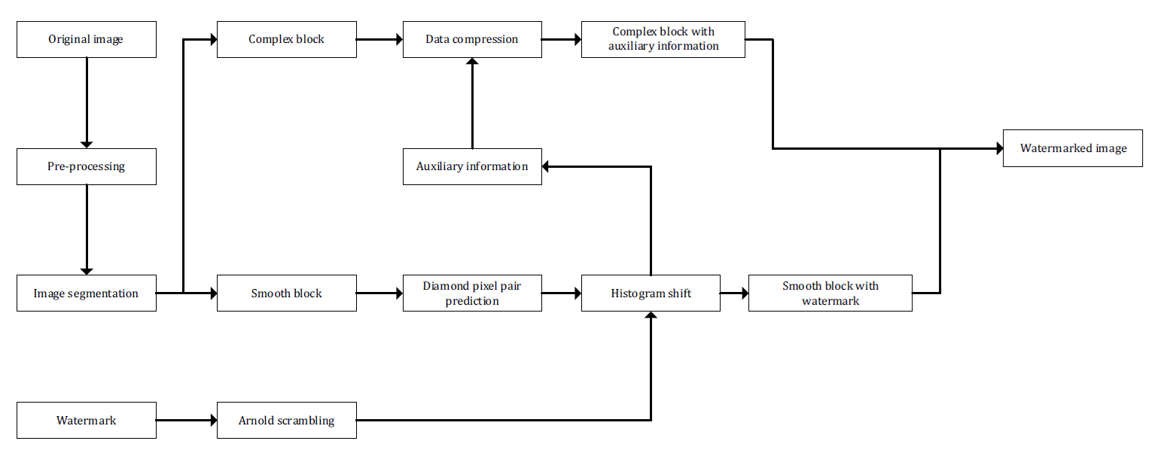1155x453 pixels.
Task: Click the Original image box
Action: (x=87, y=40)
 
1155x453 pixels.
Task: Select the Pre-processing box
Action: (x=87, y=166)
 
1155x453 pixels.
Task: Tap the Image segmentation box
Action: (x=87, y=293)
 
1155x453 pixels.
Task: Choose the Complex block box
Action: (x=286, y=40)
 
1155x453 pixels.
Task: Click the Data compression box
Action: (x=472, y=40)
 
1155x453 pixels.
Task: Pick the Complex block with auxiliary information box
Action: (x=663, y=40)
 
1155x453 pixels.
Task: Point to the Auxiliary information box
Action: (x=472, y=166)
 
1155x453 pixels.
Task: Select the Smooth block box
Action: (x=286, y=293)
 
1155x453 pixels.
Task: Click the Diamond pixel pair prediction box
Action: (x=472, y=293)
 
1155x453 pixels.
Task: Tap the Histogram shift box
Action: (x=651, y=293)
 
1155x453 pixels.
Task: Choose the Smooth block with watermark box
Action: (x=830, y=293)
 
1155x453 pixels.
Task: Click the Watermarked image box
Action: (x=1073, y=148)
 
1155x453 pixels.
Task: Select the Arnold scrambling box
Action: (x=286, y=421)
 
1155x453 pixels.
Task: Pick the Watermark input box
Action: (x=87, y=421)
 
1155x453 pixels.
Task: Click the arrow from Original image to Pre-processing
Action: (x=87, y=102)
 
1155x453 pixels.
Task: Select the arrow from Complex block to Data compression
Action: (x=379, y=40)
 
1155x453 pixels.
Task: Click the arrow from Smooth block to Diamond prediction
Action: (x=379, y=293)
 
